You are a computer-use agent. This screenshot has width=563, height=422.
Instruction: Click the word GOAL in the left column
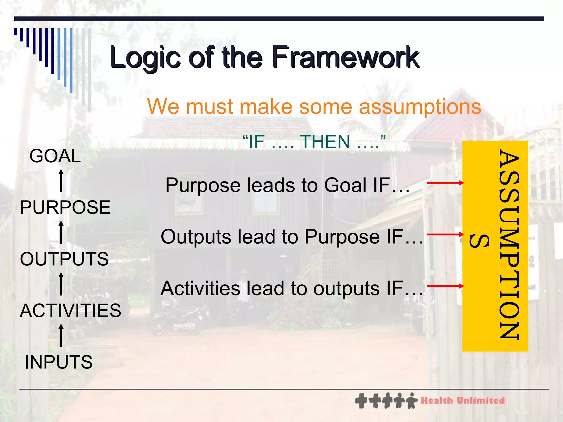coord(55,156)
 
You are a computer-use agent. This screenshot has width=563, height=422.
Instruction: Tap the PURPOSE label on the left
coord(65,207)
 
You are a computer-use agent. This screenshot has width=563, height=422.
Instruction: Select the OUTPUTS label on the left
coord(64,259)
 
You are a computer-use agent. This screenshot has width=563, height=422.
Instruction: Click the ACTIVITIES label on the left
coord(70,310)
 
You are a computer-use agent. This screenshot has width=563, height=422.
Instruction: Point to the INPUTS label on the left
coord(59,362)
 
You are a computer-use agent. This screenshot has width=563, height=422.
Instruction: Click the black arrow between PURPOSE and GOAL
coord(61,181)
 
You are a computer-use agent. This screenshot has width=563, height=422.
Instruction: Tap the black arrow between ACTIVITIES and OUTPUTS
coord(61,284)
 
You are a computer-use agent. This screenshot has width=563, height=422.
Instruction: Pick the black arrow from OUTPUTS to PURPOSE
coord(61,232)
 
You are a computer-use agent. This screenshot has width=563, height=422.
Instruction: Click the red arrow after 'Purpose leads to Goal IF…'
coord(445,183)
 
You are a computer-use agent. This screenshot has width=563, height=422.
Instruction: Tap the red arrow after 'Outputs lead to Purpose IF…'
coord(445,234)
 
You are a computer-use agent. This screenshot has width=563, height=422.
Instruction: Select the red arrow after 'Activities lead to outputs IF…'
coord(445,286)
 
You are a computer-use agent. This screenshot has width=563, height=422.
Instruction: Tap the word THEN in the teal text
coord(325,142)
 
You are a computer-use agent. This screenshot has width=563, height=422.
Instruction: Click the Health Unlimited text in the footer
coord(463,401)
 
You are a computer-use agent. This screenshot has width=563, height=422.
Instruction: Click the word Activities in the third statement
coord(200,288)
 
